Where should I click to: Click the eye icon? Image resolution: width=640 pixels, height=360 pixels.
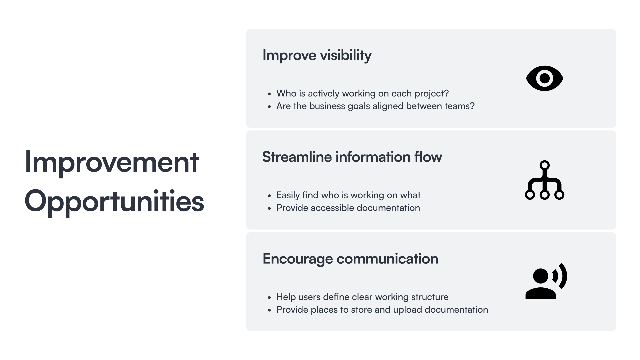[544, 78]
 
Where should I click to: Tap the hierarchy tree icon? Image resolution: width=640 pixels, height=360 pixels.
[544, 180]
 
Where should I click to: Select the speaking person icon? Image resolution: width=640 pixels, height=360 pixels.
[546, 281]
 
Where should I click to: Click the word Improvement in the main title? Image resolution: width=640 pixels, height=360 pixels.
[112, 163]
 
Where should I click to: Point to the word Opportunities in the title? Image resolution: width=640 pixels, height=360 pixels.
[114, 201]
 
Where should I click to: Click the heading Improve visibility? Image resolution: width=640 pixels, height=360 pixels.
[317, 55]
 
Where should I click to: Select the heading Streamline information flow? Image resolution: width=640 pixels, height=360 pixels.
[352, 157]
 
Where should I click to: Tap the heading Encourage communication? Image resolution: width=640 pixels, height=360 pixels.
[350, 259]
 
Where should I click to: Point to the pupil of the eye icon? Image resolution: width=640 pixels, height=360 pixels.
[544, 78]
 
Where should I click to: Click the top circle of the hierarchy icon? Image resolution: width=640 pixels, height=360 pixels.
[544, 165]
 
